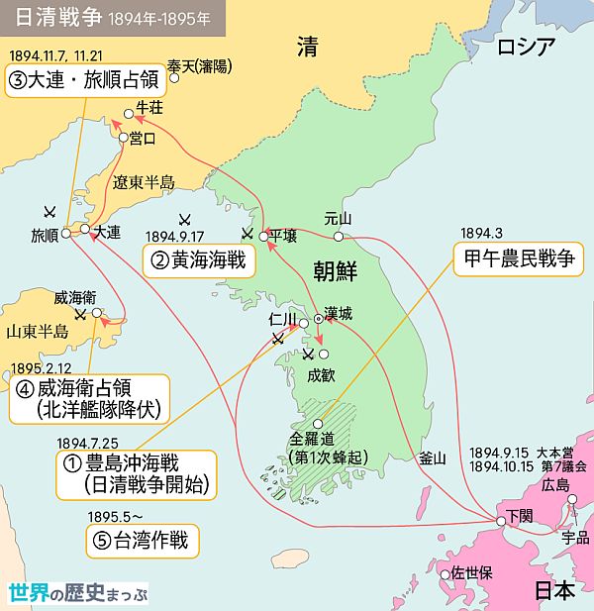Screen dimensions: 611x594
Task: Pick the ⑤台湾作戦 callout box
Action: (x=143, y=541)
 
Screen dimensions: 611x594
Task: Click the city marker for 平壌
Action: (x=264, y=237)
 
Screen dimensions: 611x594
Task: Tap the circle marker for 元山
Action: (x=339, y=237)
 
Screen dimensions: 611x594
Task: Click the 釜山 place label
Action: (x=433, y=458)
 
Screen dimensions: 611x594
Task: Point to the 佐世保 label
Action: (x=470, y=572)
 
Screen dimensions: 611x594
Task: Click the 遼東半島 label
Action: (x=143, y=182)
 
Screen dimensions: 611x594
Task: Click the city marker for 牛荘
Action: (x=126, y=113)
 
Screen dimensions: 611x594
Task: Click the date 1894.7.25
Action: (x=88, y=443)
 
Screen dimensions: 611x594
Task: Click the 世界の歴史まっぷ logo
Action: (x=78, y=593)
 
